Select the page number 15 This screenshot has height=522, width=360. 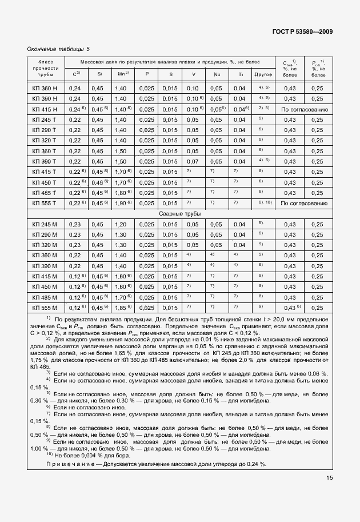[x=330, y=478]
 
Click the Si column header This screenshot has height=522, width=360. [x=99, y=74]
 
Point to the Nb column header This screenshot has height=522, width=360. [x=217, y=74]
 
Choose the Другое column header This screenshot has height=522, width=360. [x=263, y=74]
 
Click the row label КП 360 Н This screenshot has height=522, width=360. [x=45, y=88]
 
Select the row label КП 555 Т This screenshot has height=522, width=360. [x=45, y=204]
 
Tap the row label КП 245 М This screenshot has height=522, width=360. [x=45, y=224]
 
